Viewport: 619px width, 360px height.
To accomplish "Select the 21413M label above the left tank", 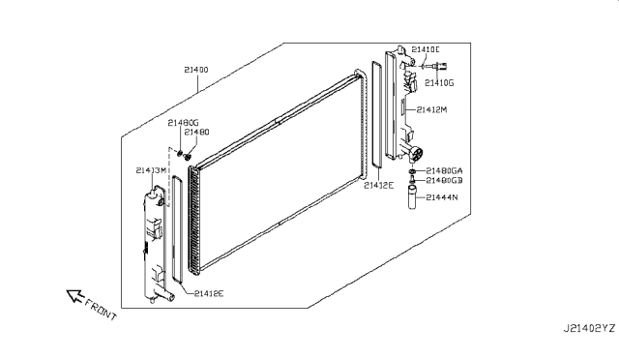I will point(152,171).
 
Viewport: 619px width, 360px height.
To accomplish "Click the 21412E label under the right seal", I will point(378,185).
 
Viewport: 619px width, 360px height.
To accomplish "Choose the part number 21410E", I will point(425,49).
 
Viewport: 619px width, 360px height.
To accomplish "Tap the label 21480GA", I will point(444,169).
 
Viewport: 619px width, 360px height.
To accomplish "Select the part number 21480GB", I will point(444,180).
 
